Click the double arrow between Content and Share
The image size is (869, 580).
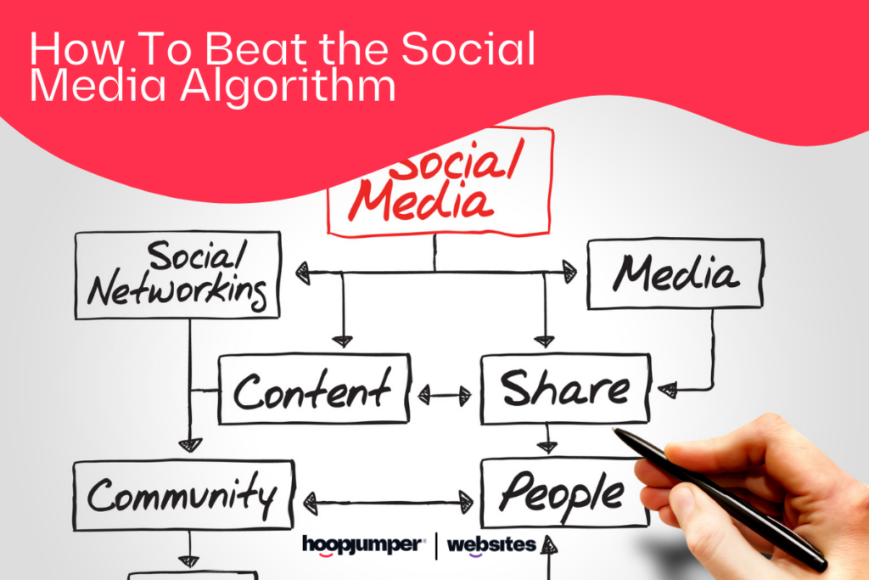tap(445, 396)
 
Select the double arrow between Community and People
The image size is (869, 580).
tap(388, 503)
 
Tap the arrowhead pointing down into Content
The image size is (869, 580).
tap(343, 341)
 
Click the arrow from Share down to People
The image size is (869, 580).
tap(547, 438)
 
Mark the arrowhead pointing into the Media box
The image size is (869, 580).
tap(569, 273)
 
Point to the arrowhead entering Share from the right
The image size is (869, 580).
tap(667, 390)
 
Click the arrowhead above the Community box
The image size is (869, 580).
tap(190, 445)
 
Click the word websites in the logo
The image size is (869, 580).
tap(491, 546)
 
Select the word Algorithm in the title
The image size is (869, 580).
tap(288, 87)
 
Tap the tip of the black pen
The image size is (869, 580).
tap(614, 430)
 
